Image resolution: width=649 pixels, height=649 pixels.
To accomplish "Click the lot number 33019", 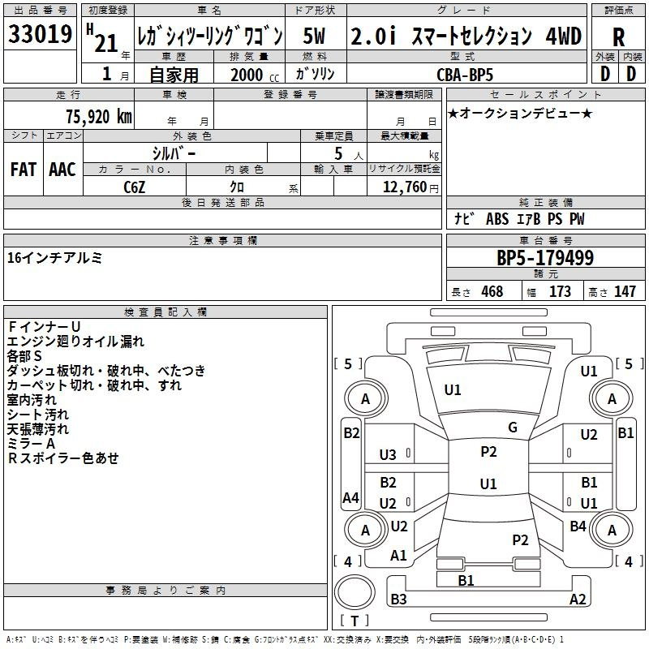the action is pos(40,34).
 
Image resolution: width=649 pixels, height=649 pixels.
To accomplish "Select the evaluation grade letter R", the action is pos(618,37).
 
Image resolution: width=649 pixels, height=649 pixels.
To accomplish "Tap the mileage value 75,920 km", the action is pos(99,116).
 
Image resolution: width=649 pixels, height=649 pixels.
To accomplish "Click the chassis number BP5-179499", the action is pos(545,257).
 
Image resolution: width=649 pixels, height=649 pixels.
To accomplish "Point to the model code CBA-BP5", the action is pos(465,75).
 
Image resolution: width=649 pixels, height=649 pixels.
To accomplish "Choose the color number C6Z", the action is pos(135,187).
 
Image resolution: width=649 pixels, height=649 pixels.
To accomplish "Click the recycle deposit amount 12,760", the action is pos(405,187).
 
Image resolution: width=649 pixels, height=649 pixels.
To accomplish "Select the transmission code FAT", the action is pos(24,170).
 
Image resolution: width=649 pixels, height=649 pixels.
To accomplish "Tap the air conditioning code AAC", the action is pos(62,170).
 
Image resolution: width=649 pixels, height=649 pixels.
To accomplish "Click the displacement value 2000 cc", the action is pos(255,75).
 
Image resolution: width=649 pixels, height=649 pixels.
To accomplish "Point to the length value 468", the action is pos(492,291).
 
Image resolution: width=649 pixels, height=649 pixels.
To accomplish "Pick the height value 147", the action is pos(625,291).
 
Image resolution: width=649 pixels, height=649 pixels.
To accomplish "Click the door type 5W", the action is pos(314,36).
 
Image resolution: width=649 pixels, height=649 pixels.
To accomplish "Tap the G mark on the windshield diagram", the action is pos(513,428).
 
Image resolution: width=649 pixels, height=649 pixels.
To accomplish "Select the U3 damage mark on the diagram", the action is pos(388,455).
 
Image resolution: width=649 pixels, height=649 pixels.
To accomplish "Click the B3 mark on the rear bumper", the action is pos(398,599).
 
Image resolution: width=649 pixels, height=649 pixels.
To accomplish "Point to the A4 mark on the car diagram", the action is pos(350,497).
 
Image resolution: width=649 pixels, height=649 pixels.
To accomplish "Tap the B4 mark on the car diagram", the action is pos(578,526).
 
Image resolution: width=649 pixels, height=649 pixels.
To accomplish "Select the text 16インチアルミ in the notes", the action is pos(54,258).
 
